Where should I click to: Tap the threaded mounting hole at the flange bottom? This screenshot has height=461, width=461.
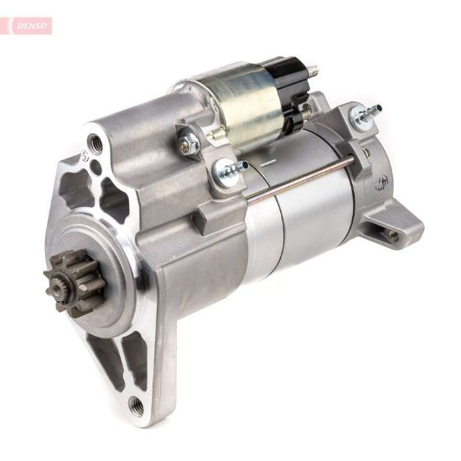click(x=137, y=407)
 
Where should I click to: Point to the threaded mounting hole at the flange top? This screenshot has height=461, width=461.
click(x=97, y=143)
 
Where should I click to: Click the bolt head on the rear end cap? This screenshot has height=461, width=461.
click(x=365, y=117)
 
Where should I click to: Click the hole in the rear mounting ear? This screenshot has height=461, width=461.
click(x=394, y=236)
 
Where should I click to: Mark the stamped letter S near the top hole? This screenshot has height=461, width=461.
click(x=84, y=156)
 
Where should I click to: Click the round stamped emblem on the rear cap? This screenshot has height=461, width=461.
click(x=384, y=179)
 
